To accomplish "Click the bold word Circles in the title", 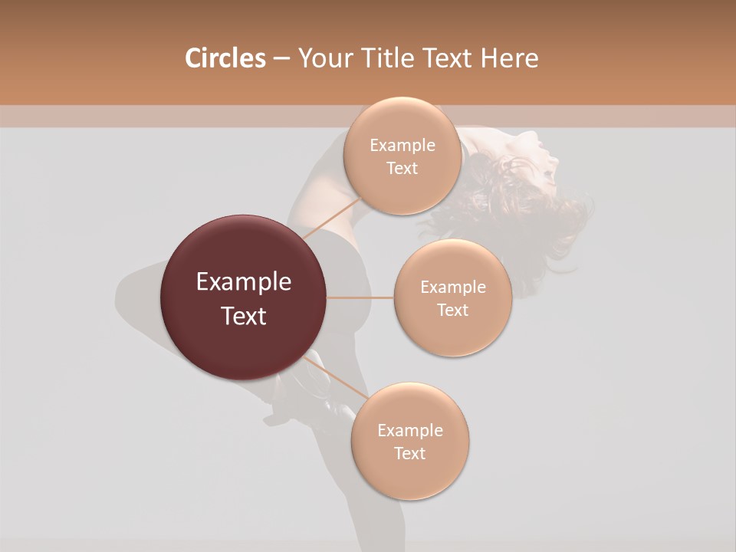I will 225,58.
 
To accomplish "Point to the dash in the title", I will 281,59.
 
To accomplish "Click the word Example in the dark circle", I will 244,282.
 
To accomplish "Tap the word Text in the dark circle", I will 244,316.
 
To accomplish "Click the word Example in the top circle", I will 402,146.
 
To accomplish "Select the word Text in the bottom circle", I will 409,453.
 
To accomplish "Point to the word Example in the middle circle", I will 453,287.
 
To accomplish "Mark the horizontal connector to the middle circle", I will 360,297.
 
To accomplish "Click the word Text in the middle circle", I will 453,310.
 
